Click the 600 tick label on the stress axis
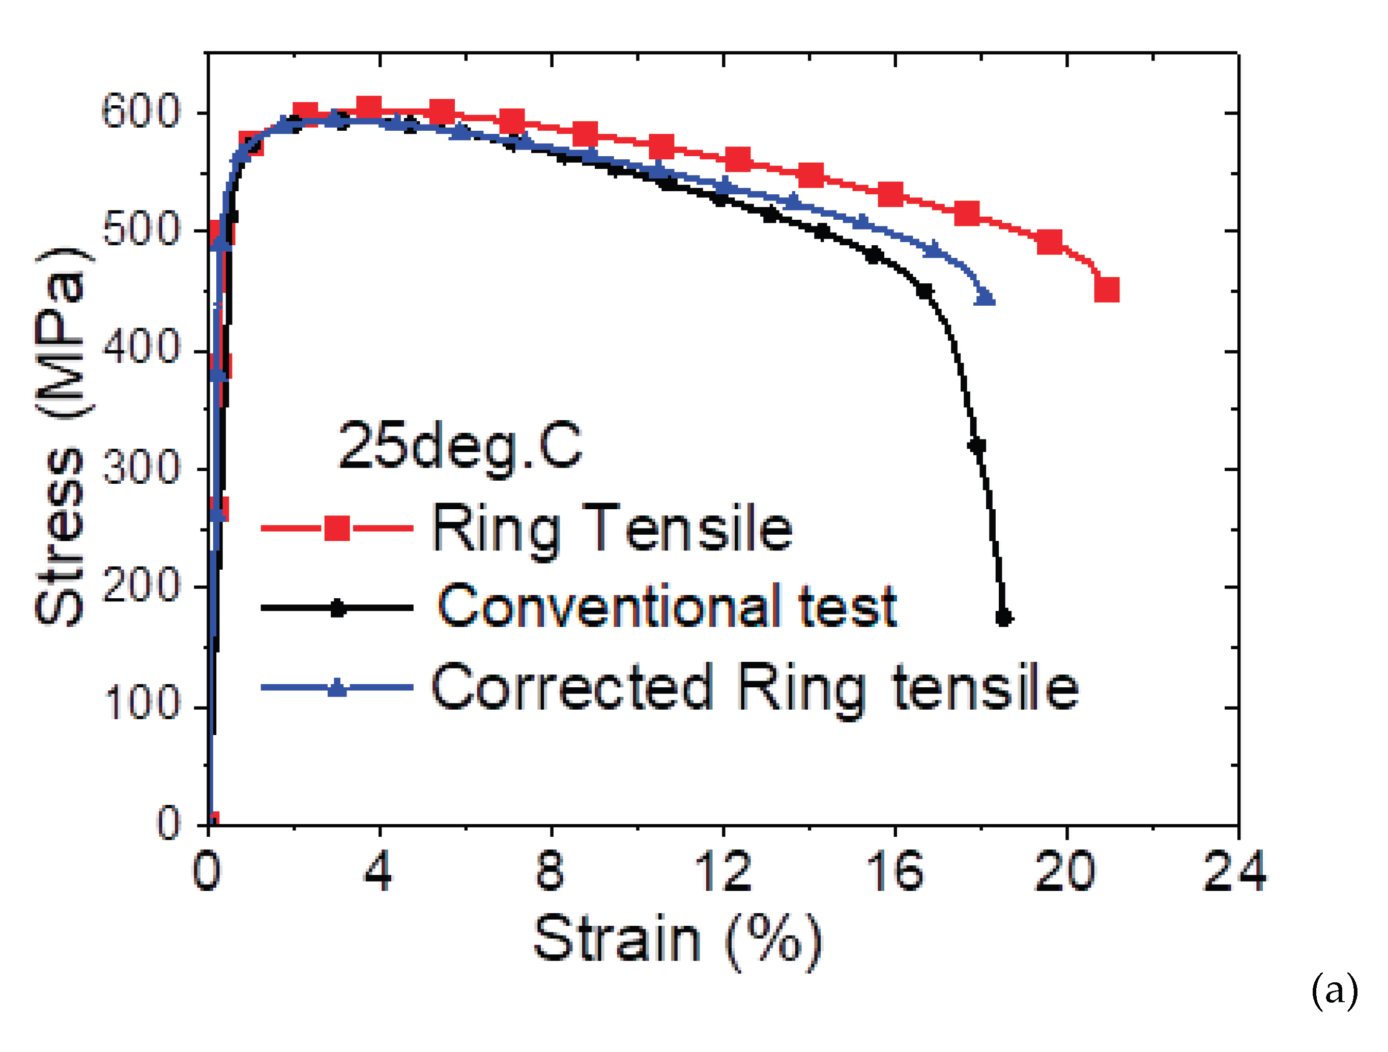(140, 112)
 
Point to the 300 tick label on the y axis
(140, 468)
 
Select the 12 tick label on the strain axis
(723, 871)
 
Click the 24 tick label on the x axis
(1234, 871)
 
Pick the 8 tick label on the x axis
(551, 871)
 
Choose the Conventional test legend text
(667, 606)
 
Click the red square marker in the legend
(337, 528)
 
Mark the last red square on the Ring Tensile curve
(1107, 290)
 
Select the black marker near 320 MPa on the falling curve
(977, 446)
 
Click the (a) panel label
(1335, 990)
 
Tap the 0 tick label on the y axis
(168, 822)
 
